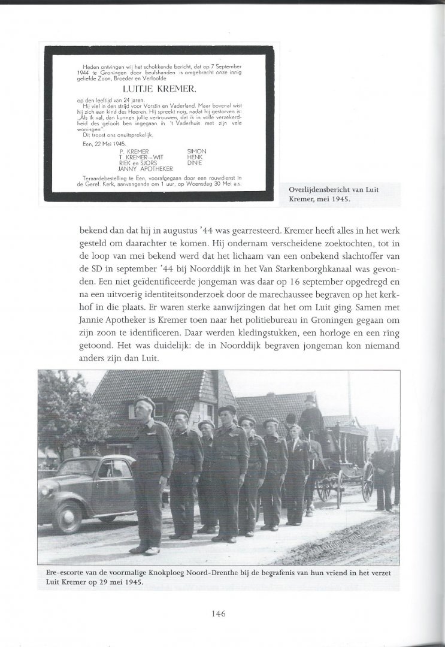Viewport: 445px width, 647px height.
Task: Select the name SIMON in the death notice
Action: tap(197, 150)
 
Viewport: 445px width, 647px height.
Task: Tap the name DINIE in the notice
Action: tap(195, 162)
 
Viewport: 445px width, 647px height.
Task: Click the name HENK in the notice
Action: tap(195, 156)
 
